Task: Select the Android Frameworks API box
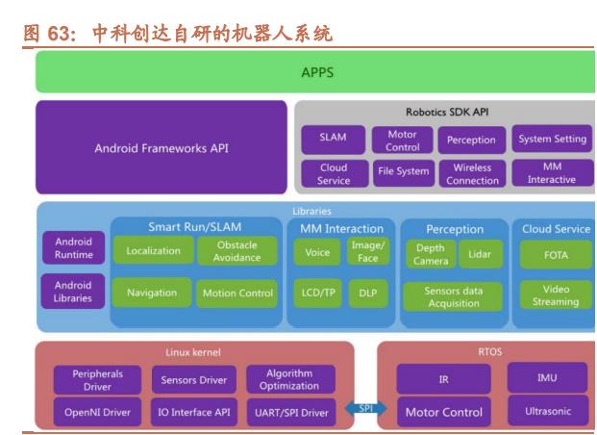162,148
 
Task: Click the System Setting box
552,139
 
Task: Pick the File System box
402,172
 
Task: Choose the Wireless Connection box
471,173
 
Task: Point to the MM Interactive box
552,173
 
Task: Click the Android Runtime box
73,248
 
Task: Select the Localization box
153,251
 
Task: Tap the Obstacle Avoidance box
236,251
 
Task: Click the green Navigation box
152,293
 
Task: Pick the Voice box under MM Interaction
317,251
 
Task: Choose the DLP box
368,293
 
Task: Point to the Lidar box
480,253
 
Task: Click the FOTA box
556,254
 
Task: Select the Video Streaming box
556,294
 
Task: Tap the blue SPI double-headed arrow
365,408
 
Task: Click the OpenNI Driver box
97,412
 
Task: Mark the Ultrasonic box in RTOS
548,411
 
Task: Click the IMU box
548,378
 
